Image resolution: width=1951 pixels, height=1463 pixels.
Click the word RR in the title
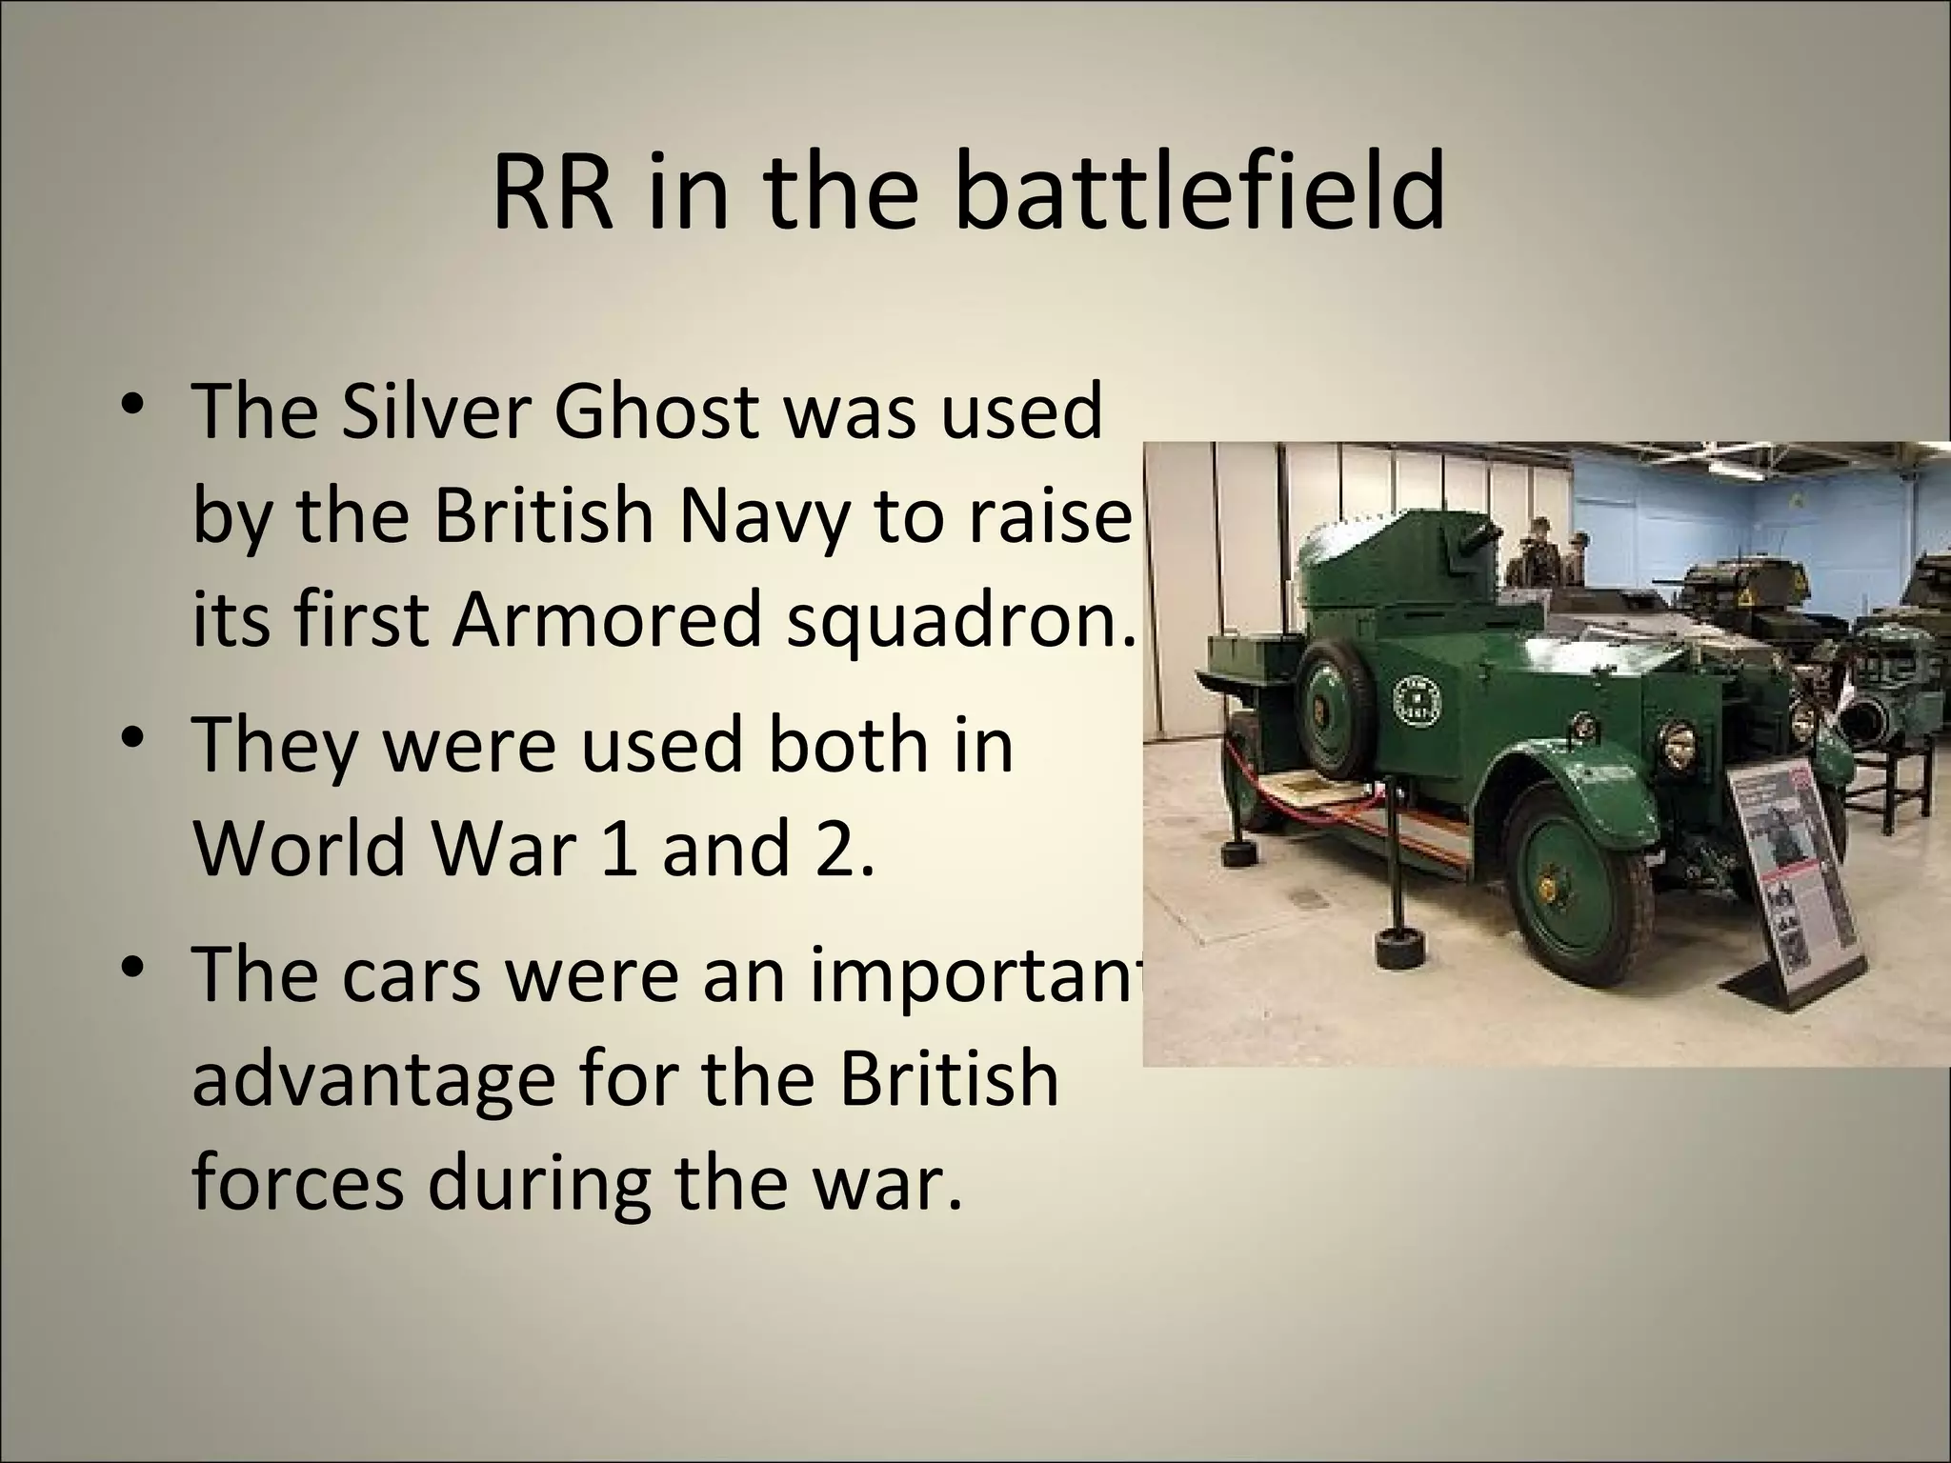(552, 194)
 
